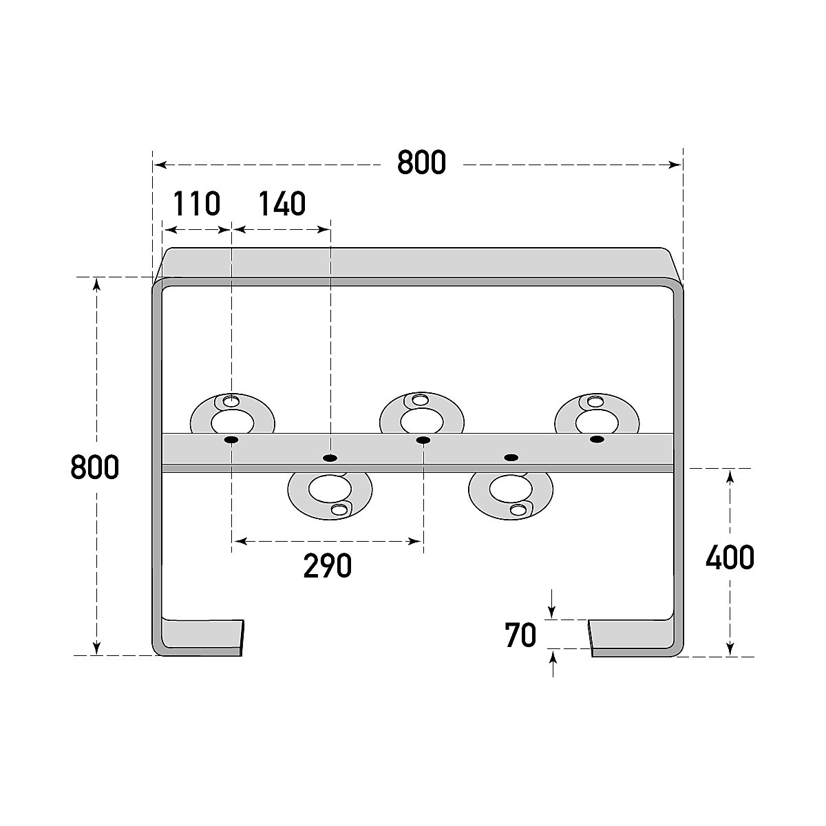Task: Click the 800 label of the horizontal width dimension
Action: (421, 163)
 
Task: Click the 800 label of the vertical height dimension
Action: (95, 468)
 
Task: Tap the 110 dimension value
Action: (196, 204)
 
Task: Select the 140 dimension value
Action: (282, 204)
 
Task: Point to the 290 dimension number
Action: (327, 566)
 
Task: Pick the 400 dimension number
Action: (730, 558)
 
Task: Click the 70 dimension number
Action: (520, 636)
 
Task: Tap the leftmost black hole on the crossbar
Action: (231, 440)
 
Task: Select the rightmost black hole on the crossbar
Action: (597, 439)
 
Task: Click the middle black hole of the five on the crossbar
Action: (423, 440)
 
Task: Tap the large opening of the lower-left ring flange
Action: (328, 488)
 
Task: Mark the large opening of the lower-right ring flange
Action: (510, 488)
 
